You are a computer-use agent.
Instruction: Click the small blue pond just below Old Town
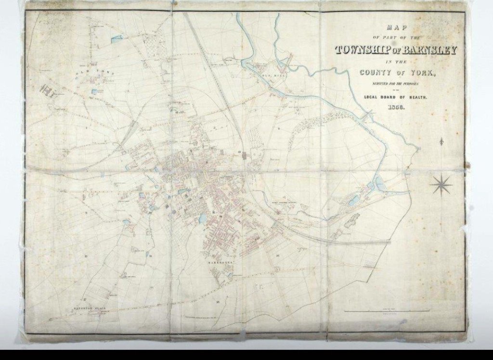coord(95,91)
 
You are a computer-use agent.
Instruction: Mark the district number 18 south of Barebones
coord(218,302)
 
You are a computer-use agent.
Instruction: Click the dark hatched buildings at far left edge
coord(47,89)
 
